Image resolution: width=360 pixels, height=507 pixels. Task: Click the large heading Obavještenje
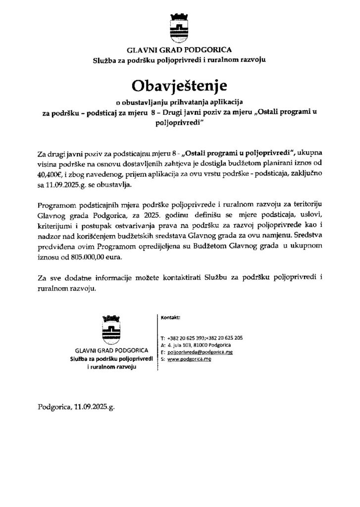pyautogui.click(x=179, y=86)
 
